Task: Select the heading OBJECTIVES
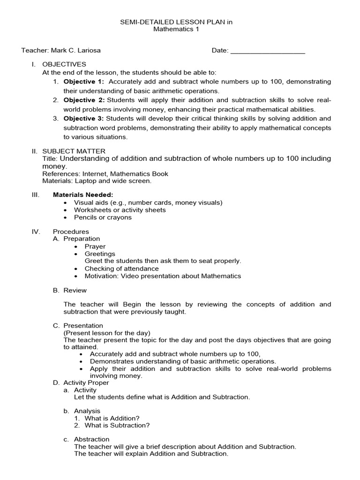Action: [64, 64]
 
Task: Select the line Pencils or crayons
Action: [103, 217]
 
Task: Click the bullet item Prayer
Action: [95, 247]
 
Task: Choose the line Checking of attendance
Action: [121, 269]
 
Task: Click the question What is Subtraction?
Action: [117, 425]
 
